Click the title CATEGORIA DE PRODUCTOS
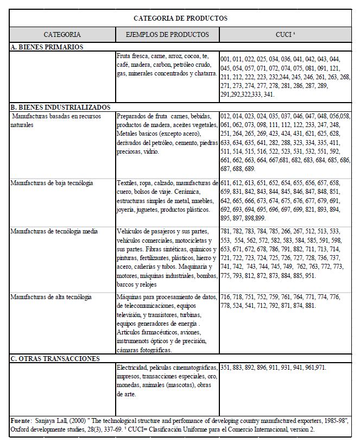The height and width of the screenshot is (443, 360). click(180, 18)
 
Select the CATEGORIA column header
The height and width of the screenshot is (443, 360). click(62, 34)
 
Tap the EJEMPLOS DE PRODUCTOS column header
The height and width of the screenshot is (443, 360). click(167, 34)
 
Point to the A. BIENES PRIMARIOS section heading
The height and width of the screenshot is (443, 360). click(47, 47)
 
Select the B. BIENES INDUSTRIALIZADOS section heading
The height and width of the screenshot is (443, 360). click(60, 107)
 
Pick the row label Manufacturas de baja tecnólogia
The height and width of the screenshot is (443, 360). click(52, 183)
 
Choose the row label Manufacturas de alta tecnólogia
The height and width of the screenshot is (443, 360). click(51, 297)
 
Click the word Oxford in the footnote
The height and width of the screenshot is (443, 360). click(21, 429)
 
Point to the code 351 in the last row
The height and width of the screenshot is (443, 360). click(226, 368)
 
